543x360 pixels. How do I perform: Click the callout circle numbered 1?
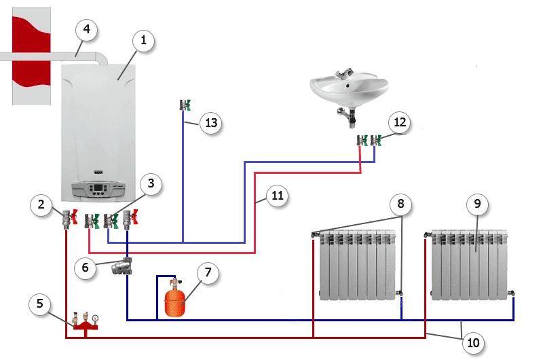(x=143, y=41)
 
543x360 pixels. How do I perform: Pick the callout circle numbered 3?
(x=151, y=183)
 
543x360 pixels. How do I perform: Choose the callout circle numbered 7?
(x=208, y=273)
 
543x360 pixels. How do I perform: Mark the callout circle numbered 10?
(x=472, y=343)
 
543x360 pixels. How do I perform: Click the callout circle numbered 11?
(x=276, y=197)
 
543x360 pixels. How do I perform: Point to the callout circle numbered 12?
(x=399, y=123)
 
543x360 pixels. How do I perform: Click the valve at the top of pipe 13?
(x=184, y=105)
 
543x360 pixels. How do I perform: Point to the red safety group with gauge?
(x=83, y=321)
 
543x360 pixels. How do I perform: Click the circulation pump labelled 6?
(x=124, y=266)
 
